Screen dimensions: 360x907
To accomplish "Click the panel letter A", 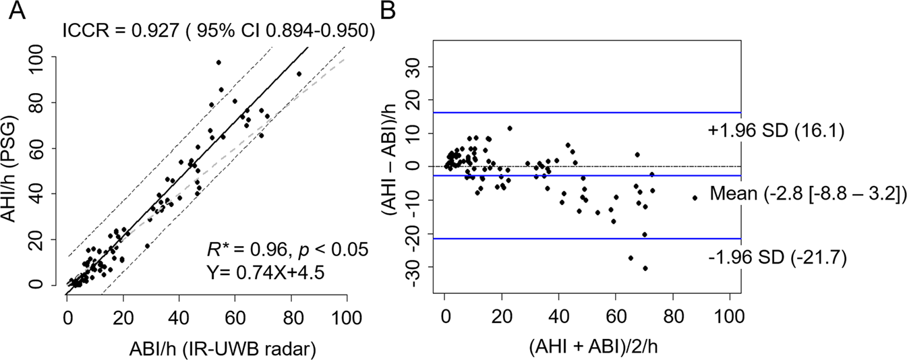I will click(16, 12).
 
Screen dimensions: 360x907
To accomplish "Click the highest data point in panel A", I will click(218, 63).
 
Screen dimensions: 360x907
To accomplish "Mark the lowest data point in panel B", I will click(645, 268).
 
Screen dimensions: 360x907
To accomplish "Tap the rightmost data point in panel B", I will click(695, 198).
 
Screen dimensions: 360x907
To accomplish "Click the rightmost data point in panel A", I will click(299, 73).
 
